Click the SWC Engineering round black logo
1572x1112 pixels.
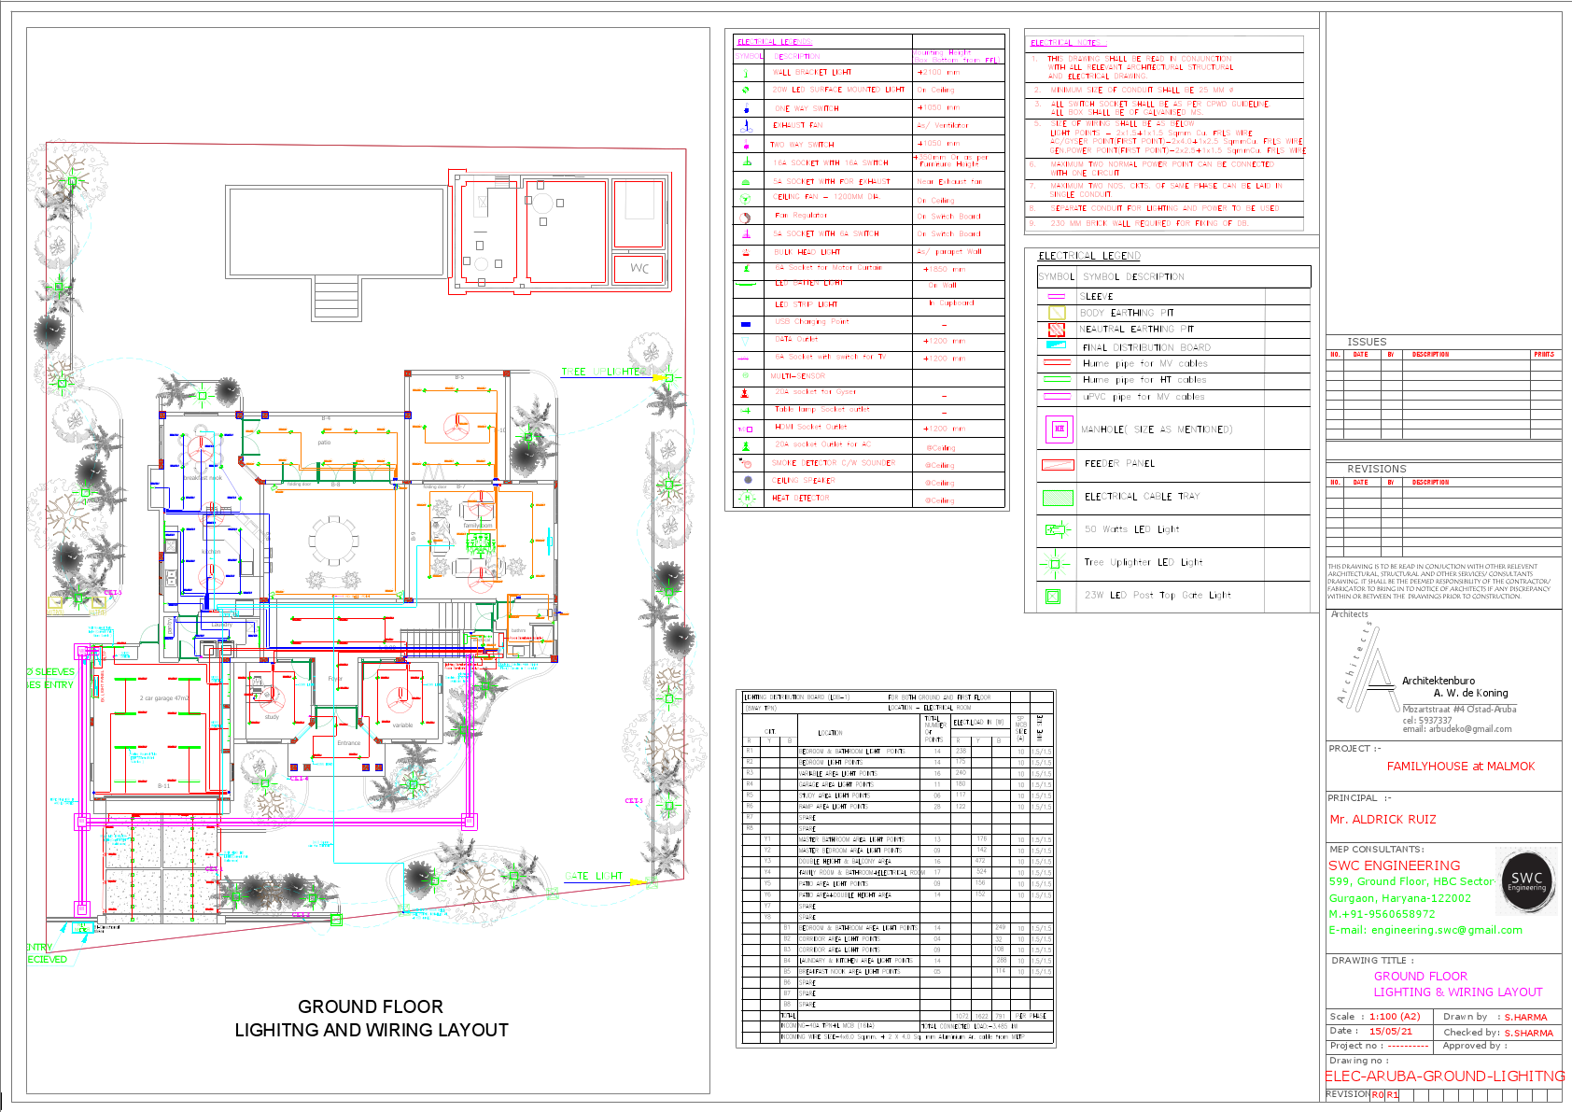tap(1526, 880)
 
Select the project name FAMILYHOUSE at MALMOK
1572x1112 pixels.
tap(1460, 767)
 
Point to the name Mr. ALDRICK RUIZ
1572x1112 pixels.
tap(1383, 820)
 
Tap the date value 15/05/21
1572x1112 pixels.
tap(1390, 1032)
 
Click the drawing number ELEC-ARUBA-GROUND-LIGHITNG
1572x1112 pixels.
tap(1444, 1077)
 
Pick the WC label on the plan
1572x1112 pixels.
tap(639, 268)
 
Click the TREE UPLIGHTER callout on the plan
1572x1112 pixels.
tap(602, 372)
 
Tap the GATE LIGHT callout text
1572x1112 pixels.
tap(594, 876)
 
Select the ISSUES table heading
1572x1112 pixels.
tap(1367, 342)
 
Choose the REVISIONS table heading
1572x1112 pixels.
tap(1376, 469)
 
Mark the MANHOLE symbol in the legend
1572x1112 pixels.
tap(1059, 429)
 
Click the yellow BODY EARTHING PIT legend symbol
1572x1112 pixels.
tap(1057, 313)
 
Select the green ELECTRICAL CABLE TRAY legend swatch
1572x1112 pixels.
tap(1057, 498)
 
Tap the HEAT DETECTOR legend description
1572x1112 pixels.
tap(800, 499)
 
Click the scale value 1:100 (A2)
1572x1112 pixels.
tap(1395, 1017)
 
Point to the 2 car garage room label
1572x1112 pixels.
tap(163, 698)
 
